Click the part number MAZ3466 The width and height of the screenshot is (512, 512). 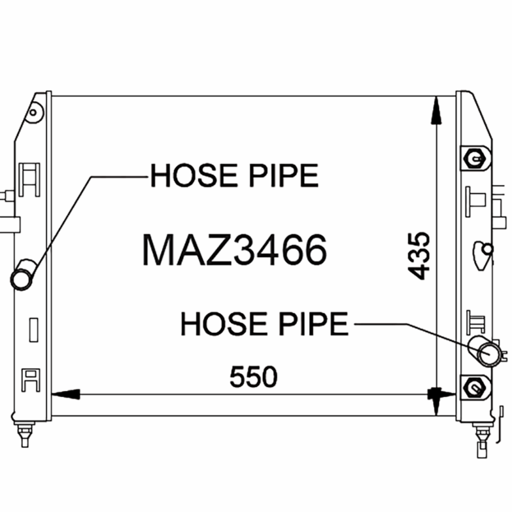(234, 250)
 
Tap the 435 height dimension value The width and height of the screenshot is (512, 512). (419, 255)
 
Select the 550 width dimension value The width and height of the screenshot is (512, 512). (253, 377)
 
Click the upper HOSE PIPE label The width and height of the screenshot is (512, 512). (234, 175)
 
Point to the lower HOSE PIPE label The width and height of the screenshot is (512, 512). (264, 324)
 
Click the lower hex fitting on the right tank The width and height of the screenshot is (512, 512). (474, 388)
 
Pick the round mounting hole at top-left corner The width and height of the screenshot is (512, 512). (33, 113)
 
